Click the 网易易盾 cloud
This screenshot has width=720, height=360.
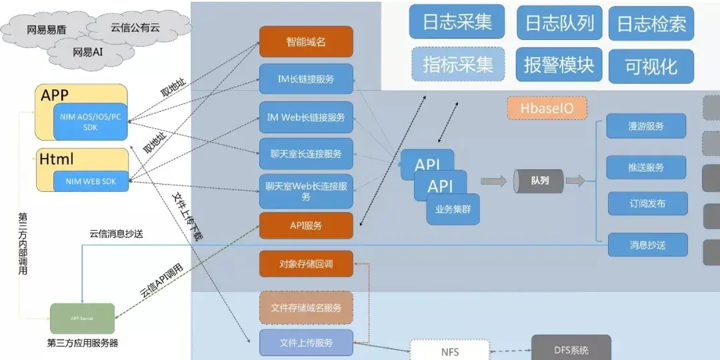[x=45, y=29]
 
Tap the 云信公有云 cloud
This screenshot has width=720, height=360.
[x=135, y=27]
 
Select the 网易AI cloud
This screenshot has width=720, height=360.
[x=87, y=51]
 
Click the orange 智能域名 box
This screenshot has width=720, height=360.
[x=306, y=41]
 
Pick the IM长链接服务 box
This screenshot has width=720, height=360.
[x=306, y=79]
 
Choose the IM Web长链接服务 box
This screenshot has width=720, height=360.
[x=306, y=117]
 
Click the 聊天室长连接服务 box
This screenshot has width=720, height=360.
[x=306, y=153]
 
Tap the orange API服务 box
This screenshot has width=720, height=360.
[x=306, y=225]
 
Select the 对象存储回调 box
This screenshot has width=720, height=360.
[x=306, y=264]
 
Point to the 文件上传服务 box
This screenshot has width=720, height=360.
[x=306, y=343]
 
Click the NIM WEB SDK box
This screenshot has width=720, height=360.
[x=91, y=181]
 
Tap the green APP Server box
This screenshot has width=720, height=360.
[x=82, y=319]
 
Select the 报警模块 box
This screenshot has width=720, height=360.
[x=559, y=65]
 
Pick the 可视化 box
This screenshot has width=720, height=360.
[x=651, y=66]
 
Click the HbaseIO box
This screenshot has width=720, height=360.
[x=547, y=107]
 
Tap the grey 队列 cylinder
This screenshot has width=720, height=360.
[x=539, y=181]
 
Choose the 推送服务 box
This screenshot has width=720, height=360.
[x=646, y=167]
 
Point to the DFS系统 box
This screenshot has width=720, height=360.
[x=571, y=349]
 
